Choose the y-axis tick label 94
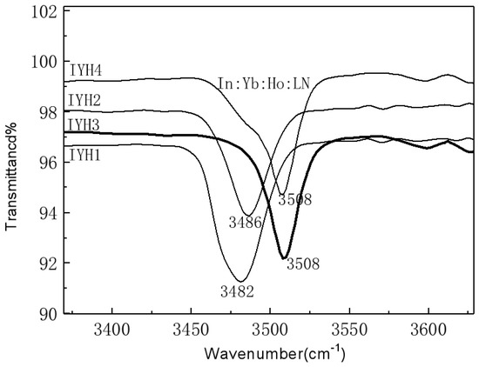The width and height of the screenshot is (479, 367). pyautogui.click(x=46, y=213)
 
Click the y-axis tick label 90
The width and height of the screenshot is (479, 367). pyautogui.click(x=46, y=314)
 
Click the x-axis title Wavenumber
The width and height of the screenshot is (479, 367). pyautogui.click(x=274, y=354)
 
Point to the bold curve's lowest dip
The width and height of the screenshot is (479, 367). pyautogui.click(x=284, y=257)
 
